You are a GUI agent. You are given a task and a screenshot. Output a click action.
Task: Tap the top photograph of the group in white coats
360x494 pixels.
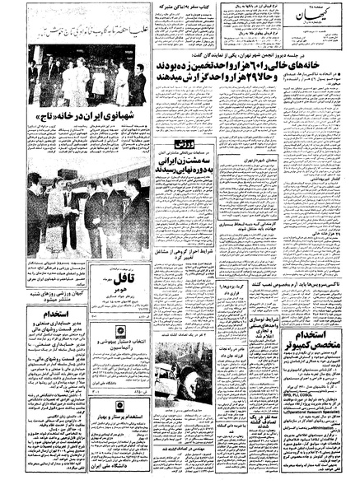[x=87, y=77]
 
